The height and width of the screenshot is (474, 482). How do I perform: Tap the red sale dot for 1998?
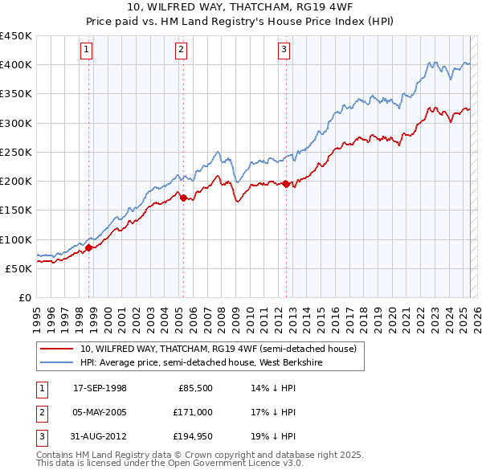(x=89, y=247)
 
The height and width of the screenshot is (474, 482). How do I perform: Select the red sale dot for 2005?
(x=183, y=198)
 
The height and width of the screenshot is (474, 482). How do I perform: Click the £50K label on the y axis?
(x=18, y=268)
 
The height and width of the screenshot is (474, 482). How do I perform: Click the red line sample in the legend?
(x=57, y=349)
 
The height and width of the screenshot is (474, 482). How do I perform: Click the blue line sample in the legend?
(x=57, y=362)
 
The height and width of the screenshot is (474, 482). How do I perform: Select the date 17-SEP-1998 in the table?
(x=100, y=388)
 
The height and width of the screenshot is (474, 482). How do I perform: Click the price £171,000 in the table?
(x=194, y=412)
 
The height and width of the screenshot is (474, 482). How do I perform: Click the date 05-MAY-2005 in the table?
(x=100, y=412)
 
